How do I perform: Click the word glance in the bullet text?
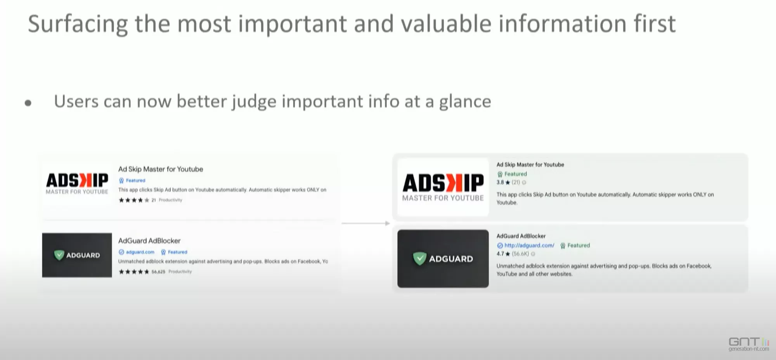tap(465, 102)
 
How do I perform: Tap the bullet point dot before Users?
tap(28, 103)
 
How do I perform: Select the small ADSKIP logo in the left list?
tap(77, 183)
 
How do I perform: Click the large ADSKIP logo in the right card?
tap(443, 187)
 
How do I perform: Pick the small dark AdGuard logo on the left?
tap(77, 255)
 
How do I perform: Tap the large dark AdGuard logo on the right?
tap(443, 259)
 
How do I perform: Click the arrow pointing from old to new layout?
tap(365, 223)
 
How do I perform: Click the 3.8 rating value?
tap(500, 182)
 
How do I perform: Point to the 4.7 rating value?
tap(500, 254)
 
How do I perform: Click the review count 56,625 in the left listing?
tap(158, 272)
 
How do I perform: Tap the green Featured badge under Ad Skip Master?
tap(512, 174)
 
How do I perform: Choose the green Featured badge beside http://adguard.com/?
tap(575, 246)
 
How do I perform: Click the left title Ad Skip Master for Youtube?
tap(161, 169)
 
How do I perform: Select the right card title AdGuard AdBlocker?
tap(521, 236)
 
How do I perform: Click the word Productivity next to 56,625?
tap(180, 272)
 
